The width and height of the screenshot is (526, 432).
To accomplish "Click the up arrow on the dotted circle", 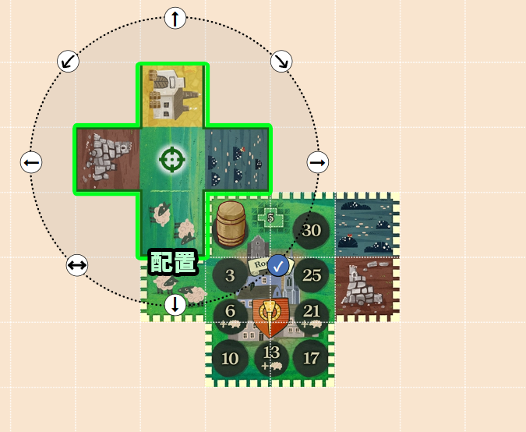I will (x=175, y=18).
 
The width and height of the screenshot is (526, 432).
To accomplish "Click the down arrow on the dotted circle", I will (x=175, y=303).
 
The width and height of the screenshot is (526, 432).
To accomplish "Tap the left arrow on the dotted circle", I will (x=31, y=162).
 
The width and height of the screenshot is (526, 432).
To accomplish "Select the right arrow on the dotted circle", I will (x=317, y=162).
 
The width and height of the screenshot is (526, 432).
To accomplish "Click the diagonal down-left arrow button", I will (x=69, y=62).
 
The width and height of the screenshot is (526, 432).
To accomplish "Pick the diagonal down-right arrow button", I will (x=281, y=62).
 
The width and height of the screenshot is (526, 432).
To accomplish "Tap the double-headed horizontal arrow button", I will (x=77, y=265).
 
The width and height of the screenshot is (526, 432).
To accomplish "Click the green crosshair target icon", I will (x=172, y=161).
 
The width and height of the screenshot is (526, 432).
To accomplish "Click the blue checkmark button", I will (x=278, y=264).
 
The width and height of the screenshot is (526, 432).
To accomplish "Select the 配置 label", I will (x=172, y=263).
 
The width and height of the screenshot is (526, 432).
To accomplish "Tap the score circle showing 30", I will (x=311, y=230).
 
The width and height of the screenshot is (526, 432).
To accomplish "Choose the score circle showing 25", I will (x=311, y=274).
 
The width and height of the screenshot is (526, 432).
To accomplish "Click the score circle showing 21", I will (x=311, y=312).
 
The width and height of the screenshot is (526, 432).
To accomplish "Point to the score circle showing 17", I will (x=311, y=359).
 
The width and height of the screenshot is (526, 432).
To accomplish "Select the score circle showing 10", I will (x=230, y=359).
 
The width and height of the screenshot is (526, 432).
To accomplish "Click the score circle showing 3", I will (x=230, y=274).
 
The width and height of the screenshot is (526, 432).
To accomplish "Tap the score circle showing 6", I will (x=230, y=312).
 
